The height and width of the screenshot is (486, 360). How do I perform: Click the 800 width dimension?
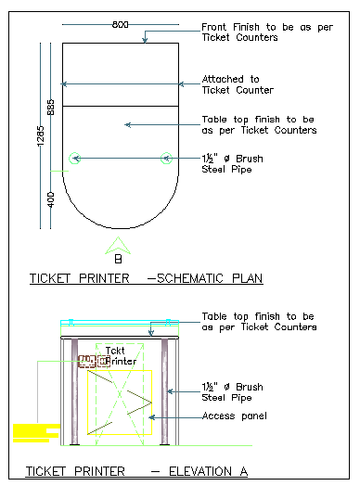tap(121, 25)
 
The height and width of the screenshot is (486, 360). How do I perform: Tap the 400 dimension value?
tap(53, 198)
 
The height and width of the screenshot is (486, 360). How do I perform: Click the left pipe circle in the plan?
tap(76, 158)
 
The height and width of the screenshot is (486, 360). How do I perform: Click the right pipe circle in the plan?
tap(166, 158)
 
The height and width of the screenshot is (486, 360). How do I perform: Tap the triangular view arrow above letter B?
tap(117, 245)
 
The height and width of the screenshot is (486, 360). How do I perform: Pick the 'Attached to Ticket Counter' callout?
tap(238, 84)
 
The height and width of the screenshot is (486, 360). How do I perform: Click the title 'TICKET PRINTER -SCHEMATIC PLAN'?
tap(147, 278)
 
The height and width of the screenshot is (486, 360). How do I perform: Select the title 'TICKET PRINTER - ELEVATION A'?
tap(136, 472)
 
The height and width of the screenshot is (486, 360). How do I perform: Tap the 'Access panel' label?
tap(234, 416)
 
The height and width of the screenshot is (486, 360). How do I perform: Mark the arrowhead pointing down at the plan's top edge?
tap(146, 39)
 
